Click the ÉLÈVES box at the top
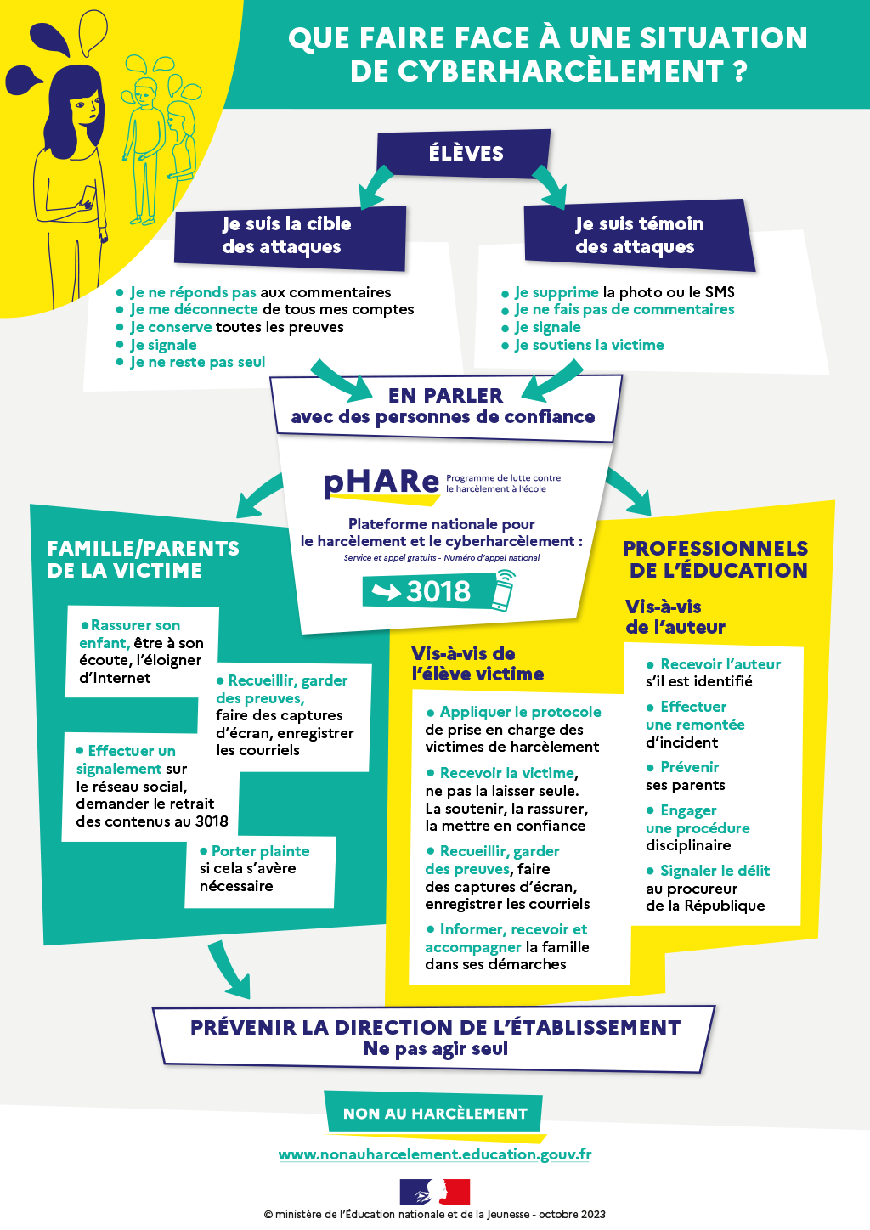click(465, 154)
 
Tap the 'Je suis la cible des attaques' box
click(287, 235)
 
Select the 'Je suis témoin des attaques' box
click(639, 235)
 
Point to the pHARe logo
click(381, 482)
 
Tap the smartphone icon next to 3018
click(504, 590)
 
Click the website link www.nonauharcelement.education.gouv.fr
click(435, 1154)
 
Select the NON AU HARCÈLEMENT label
click(435, 1114)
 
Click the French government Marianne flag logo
click(435, 1192)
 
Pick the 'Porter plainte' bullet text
click(255, 851)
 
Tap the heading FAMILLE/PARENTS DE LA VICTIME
click(143, 560)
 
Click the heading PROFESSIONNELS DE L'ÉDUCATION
click(716, 560)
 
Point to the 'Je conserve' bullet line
click(236, 327)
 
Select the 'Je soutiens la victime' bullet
click(589, 345)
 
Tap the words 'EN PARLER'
click(445, 396)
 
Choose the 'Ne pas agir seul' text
click(435, 1049)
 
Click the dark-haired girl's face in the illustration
click(82, 106)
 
